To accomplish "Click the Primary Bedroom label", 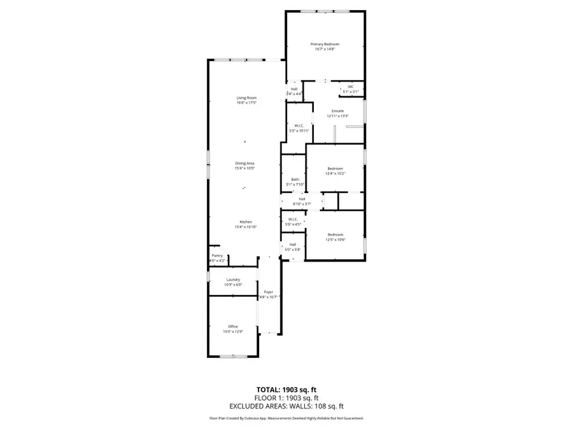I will click(325, 44).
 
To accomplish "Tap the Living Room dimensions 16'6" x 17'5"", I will click(246, 103).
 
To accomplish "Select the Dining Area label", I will click(245, 164).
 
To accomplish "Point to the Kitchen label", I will click(245, 222).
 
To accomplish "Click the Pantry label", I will click(218, 255).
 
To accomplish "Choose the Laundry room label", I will click(233, 280).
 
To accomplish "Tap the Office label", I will click(233, 326).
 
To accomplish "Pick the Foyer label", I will click(269, 292).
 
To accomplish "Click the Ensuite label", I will click(337, 111).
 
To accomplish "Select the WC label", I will click(350, 87).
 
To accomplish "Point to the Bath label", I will click(295, 180).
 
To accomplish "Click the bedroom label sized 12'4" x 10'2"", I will click(335, 168).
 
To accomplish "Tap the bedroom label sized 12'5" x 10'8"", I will click(335, 234).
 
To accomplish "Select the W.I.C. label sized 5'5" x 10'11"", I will click(299, 125).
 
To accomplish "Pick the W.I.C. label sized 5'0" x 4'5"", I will click(293, 219).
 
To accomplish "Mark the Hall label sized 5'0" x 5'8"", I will click(293, 244).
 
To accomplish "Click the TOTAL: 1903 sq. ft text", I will click(286, 389).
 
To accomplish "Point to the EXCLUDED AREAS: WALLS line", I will click(286, 406).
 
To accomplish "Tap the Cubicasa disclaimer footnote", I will click(286, 419).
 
